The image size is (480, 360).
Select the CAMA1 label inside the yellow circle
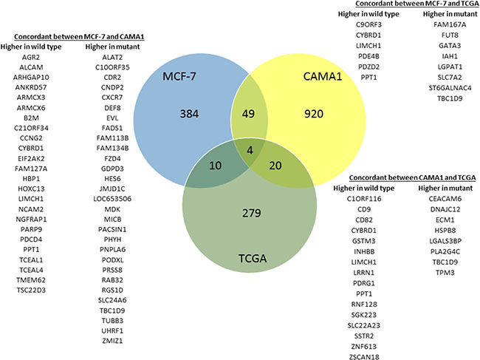coord(318,77)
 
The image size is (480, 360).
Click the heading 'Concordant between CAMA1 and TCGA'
coord(403,178)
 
